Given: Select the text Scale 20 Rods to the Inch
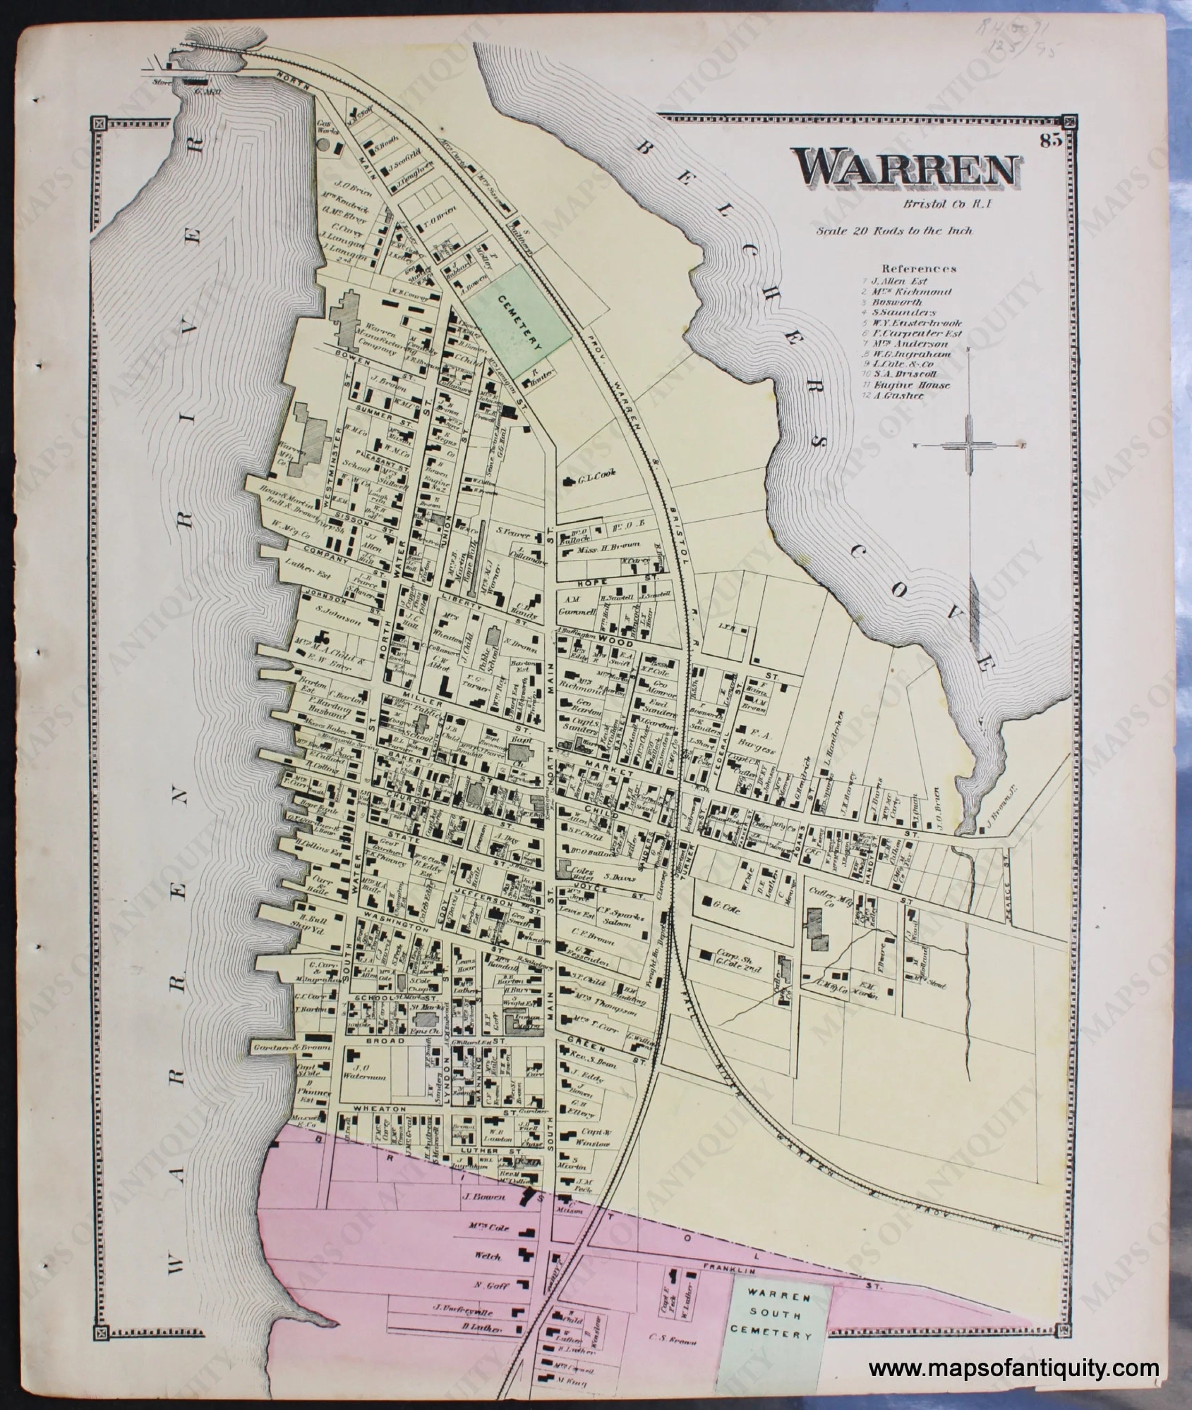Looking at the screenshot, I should [x=894, y=231].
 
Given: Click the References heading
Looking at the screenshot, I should [x=919, y=268].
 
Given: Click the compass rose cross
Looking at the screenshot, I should [x=969, y=446].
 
